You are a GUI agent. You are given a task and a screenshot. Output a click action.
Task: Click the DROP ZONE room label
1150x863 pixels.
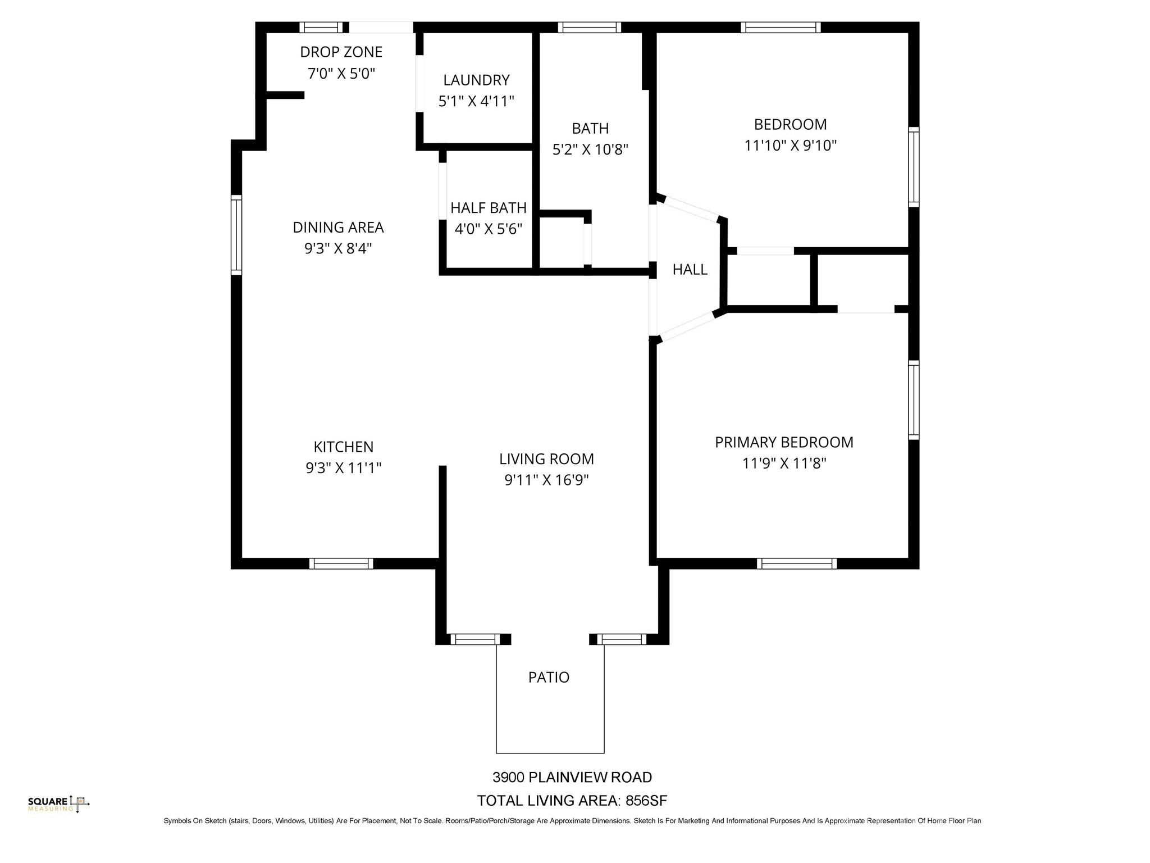[341, 52]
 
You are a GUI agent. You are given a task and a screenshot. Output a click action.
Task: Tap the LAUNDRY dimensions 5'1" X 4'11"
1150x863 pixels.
[476, 101]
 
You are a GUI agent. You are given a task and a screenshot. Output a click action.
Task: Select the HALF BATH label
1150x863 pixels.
[488, 208]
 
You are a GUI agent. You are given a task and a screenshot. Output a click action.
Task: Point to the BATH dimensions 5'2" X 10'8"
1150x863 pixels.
[590, 149]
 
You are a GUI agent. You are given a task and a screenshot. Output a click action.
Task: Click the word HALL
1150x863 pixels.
[690, 270]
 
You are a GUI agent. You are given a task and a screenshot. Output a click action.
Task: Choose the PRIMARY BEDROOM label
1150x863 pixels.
[784, 442]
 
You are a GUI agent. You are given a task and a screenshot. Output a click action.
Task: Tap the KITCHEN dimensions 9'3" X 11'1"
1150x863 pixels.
[343, 468]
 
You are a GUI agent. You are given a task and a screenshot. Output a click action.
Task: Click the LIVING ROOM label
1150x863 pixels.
[546, 459]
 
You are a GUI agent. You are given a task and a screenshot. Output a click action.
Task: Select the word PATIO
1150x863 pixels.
[549, 677]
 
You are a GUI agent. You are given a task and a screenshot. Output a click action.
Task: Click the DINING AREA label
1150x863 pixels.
[338, 228]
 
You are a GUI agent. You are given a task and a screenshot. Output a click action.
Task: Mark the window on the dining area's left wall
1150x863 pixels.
[236, 235]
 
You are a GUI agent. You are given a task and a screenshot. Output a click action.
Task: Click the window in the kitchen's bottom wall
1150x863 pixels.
[341, 564]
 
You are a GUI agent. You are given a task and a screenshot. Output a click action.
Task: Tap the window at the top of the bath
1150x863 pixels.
[589, 28]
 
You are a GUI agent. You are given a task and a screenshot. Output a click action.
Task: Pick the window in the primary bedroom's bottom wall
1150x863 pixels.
[796, 564]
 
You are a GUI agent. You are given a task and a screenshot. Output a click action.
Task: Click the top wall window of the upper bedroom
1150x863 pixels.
[780, 28]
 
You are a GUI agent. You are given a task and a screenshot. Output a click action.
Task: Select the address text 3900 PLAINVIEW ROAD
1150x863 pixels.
[572, 777]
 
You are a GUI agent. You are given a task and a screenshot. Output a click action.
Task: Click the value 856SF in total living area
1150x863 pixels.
[646, 801]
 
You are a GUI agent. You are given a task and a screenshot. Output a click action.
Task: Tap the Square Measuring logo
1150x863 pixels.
[58, 804]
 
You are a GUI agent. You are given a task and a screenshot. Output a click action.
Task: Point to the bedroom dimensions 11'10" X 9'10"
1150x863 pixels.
[790, 146]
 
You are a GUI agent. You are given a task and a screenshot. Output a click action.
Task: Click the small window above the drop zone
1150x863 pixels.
[321, 28]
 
